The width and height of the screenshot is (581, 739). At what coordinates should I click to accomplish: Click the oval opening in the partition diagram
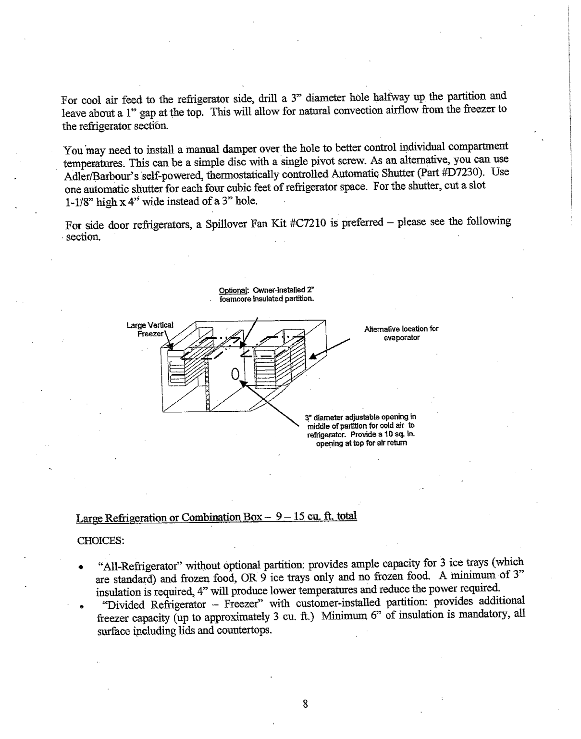pyautogui.click(x=235, y=373)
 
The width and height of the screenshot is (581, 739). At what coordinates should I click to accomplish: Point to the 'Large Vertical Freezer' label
pyautogui.click(x=150, y=329)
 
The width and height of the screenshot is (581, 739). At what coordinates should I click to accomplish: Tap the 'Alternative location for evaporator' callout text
pyautogui.click(x=401, y=333)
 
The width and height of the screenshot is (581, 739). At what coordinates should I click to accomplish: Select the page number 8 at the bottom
pyautogui.click(x=304, y=704)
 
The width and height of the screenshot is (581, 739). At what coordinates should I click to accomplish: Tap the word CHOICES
pyautogui.click(x=101, y=541)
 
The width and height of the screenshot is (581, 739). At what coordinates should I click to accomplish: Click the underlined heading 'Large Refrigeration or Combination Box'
pyautogui.click(x=169, y=517)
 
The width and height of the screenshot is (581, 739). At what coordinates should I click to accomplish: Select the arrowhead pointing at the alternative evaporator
pyautogui.click(x=314, y=356)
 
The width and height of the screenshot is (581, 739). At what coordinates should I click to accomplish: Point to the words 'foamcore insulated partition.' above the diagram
pyautogui.click(x=266, y=298)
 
